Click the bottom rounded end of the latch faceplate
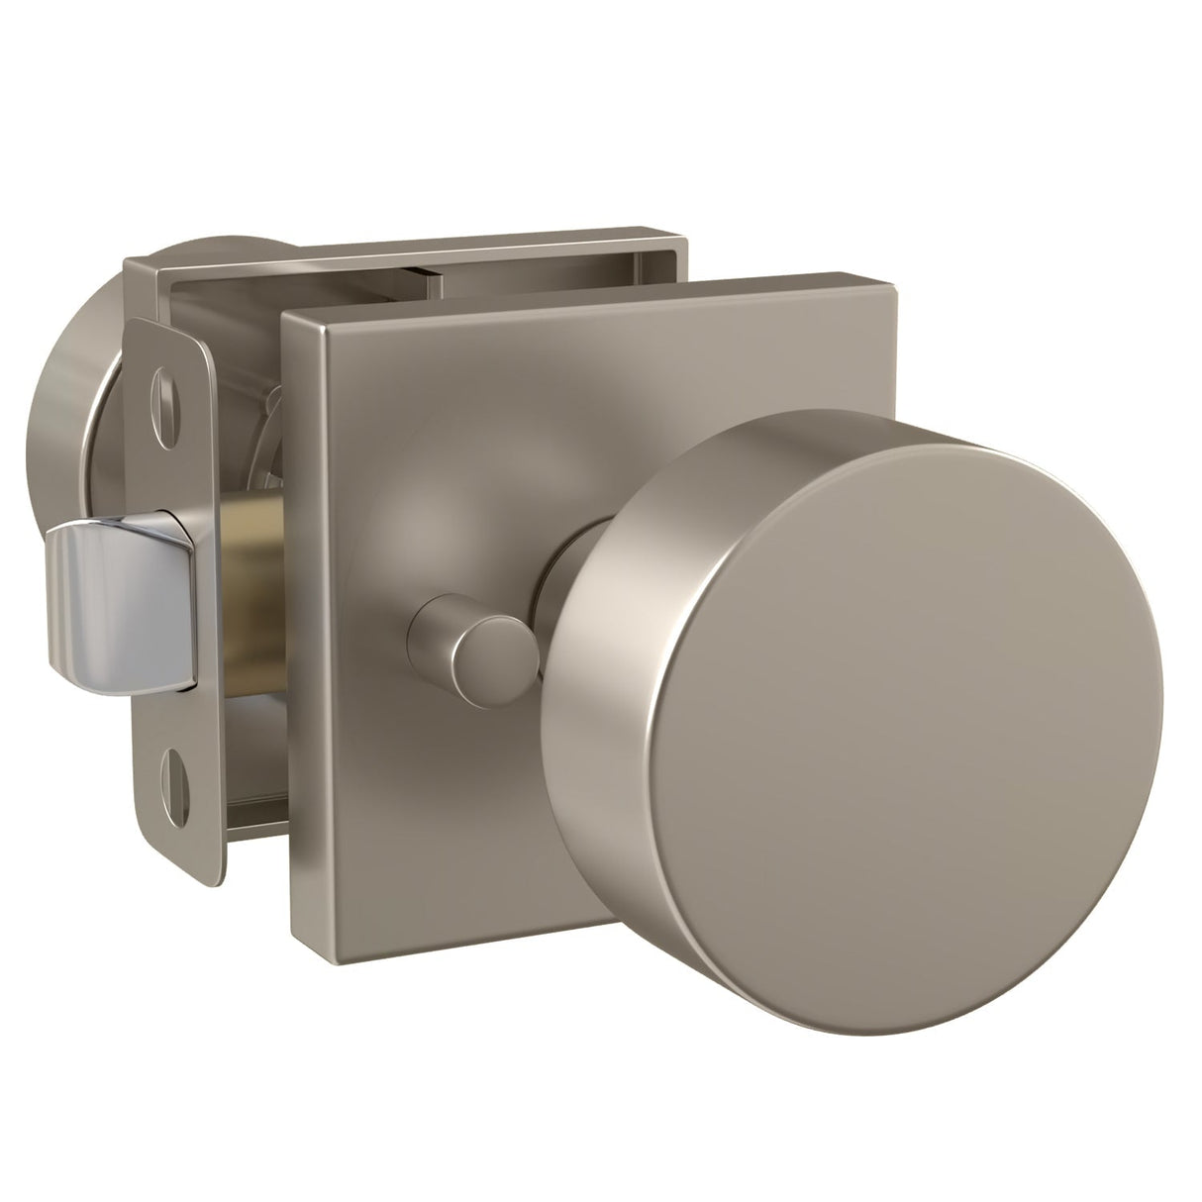[183, 871]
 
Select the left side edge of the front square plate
[289, 624]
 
